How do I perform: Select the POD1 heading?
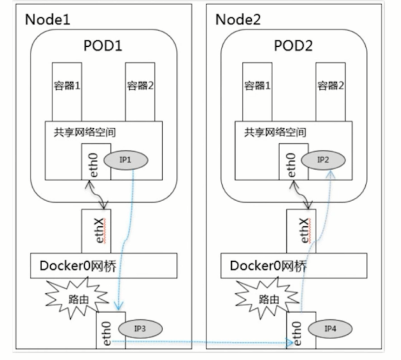(103, 45)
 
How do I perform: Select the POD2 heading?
(294, 45)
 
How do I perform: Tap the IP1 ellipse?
(125, 160)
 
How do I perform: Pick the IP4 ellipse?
(330, 328)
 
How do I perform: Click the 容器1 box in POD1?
(67, 89)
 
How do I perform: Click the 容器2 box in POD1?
(140, 89)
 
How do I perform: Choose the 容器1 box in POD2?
(258, 89)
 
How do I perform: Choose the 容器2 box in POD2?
(331, 89)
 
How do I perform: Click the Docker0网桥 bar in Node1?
(104, 266)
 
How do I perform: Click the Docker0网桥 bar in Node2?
(294, 266)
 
